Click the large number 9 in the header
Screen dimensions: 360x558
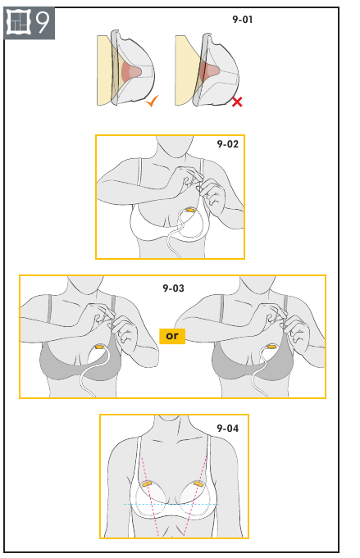click(43, 22)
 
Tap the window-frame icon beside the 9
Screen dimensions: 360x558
click(19, 22)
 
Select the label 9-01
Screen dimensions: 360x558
click(243, 19)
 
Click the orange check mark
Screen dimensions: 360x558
click(152, 102)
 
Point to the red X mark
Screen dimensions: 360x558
click(237, 102)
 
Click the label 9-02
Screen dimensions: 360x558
click(227, 143)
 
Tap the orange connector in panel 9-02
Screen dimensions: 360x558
click(190, 211)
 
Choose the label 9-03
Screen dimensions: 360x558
click(173, 288)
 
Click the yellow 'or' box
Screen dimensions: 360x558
click(172, 336)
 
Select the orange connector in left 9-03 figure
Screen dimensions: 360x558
click(99, 346)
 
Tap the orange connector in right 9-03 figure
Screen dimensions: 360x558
click(271, 346)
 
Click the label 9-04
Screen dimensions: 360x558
click(227, 428)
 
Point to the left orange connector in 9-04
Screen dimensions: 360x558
click(147, 484)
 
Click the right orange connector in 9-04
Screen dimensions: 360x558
click(198, 483)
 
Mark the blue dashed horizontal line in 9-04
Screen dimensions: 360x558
click(171, 504)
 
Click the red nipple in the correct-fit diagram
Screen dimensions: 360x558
click(131, 71)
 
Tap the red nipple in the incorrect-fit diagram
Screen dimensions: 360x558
click(209, 70)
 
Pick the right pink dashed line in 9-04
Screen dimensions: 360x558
click(195, 496)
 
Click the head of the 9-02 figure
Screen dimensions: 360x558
click(174, 145)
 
